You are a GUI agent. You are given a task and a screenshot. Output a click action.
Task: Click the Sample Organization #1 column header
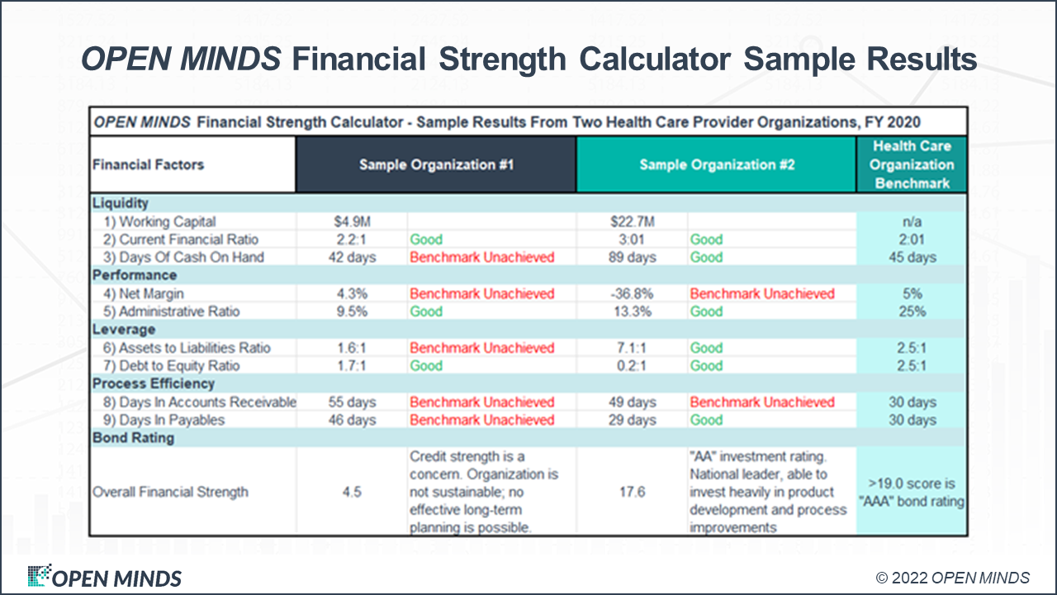coord(436,164)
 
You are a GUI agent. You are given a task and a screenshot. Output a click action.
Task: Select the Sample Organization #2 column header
coord(717,164)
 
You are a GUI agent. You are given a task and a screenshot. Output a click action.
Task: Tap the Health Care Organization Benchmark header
coord(912,164)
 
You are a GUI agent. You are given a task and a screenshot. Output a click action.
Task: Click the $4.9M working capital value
coord(352,221)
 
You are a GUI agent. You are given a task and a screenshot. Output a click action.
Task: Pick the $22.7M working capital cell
coord(633,221)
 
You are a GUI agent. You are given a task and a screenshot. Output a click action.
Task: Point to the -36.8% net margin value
coord(633,293)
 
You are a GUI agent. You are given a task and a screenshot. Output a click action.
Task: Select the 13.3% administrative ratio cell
coord(633,312)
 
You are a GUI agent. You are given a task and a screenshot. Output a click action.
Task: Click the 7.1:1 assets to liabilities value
coord(633,348)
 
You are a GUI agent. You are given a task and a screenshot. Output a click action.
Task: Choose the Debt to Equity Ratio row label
coord(179,366)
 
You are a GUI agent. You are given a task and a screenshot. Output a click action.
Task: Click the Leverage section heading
coord(124,330)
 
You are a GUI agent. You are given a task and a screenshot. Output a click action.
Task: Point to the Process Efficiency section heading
coord(154,384)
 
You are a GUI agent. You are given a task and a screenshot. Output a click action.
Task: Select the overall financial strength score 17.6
coord(633,492)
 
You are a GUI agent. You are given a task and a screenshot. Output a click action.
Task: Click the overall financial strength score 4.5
coord(352,492)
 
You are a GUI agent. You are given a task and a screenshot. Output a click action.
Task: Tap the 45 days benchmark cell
coord(912,257)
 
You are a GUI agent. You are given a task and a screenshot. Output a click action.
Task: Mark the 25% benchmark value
coord(912,312)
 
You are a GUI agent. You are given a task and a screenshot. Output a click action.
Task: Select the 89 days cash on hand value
coord(633,257)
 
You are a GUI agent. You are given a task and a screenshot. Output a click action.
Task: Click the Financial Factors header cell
coord(149,164)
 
